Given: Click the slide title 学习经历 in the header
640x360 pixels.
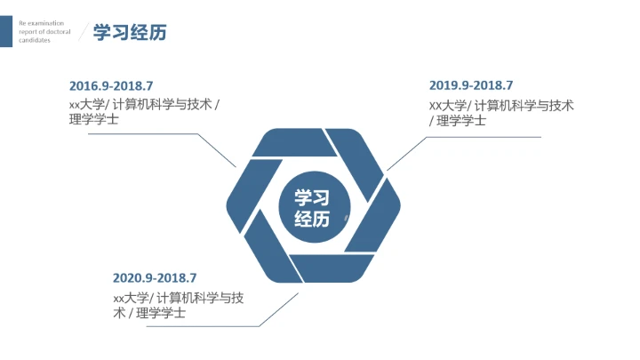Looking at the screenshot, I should coord(130,33).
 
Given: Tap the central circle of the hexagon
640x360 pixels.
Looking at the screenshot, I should coord(311,208).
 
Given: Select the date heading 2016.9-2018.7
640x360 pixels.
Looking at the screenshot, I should coord(111,86).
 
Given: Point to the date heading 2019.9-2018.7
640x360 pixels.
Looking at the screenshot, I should coord(471,85).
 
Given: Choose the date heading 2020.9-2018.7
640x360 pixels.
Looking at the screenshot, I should coord(155,278).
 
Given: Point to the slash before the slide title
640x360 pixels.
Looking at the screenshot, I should coord(83,33).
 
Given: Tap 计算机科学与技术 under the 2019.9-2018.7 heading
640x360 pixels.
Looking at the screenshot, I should coord(524,106).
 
